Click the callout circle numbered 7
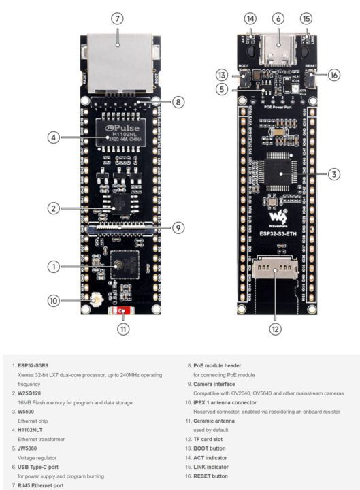(x=118, y=18)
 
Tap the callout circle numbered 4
(x=53, y=137)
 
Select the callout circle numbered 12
(x=275, y=329)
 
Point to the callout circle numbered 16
(x=333, y=75)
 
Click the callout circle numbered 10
(x=53, y=300)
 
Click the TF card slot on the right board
(x=275, y=273)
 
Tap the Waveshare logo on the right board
(x=274, y=219)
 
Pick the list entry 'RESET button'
(x=209, y=476)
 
